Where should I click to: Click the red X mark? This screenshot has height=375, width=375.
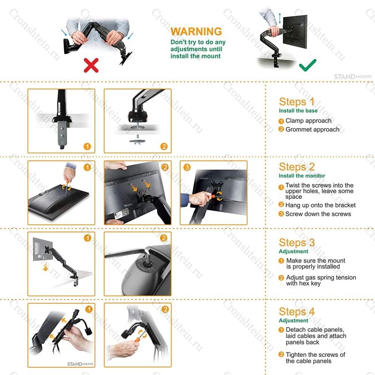point(91,65)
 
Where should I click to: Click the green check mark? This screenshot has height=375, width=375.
point(307,65)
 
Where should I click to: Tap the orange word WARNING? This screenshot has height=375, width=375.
point(196,31)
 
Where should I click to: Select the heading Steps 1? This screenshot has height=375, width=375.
point(297,102)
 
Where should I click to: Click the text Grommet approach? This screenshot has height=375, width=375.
point(312,129)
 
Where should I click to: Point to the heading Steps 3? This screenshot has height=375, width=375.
point(297,242)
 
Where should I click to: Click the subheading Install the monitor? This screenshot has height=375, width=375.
point(302,176)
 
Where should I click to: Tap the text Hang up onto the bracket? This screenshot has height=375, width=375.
point(321,205)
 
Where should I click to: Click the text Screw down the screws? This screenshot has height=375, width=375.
point(318,214)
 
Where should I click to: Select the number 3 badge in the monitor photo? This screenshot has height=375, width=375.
point(187,167)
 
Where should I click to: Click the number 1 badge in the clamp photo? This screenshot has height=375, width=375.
point(87,146)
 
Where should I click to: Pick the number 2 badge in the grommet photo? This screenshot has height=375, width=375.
point(164,146)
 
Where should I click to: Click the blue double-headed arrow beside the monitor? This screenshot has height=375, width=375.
point(280,18)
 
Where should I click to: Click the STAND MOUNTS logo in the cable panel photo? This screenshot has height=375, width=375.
point(80,364)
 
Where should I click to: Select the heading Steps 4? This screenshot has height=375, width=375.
point(297,312)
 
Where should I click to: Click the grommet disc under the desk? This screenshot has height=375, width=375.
point(137,142)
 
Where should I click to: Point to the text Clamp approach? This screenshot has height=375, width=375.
point(308,120)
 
